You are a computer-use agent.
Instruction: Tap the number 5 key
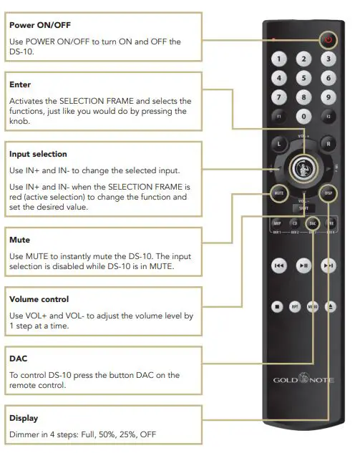click(x=304, y=78)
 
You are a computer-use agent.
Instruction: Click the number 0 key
click(x=304, y=115)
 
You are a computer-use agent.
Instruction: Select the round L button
click(x=280, y=144)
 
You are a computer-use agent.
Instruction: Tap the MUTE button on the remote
click(x=279, y=193)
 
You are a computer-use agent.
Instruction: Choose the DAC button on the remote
click(x=312, y=223)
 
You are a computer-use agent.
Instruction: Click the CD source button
click(x=294, y=223)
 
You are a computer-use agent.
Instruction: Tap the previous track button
click(x=279, y=266)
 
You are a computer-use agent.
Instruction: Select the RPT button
click(x=295, y=307)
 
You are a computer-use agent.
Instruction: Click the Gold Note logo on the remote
click(x=303, y=379)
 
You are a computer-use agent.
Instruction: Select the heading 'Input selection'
click(x=38, y=154)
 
